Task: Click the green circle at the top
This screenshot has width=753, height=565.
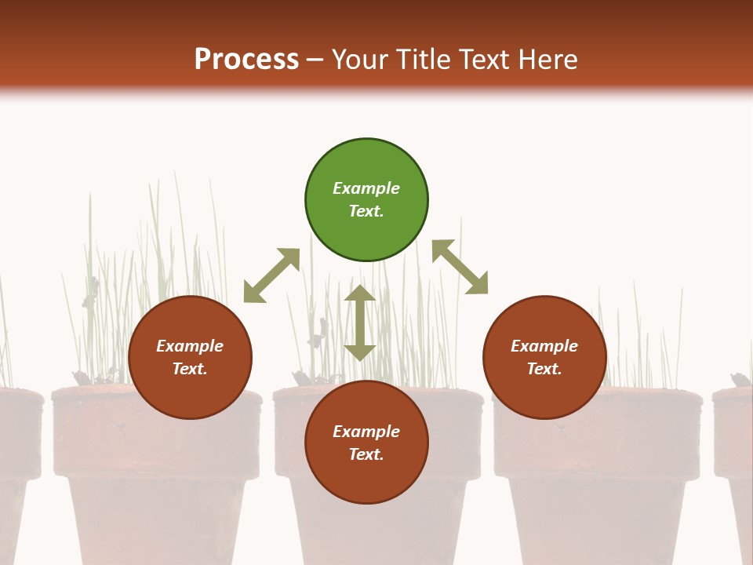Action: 366,200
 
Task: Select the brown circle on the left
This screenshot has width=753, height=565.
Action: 190,358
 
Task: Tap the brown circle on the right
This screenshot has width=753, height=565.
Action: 544,358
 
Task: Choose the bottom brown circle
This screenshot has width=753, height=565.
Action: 366,443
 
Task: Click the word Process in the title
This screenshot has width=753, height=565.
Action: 246,60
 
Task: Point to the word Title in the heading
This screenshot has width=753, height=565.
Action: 422,60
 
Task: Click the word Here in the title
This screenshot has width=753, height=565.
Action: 547,60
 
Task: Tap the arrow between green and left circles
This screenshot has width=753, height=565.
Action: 272,275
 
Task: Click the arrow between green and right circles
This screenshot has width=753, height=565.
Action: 460,267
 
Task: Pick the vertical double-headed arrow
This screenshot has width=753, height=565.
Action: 360,323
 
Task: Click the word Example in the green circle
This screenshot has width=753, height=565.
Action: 366,188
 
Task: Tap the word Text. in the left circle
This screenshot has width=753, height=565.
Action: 190,369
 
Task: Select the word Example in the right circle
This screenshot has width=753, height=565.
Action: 544,346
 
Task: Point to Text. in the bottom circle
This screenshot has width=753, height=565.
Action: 366,454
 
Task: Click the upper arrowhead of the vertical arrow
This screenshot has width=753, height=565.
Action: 360,293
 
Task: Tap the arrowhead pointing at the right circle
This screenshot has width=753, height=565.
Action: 478,286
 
